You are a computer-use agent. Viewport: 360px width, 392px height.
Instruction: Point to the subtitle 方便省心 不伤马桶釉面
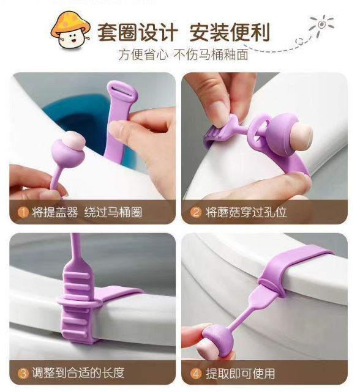coord(184,54)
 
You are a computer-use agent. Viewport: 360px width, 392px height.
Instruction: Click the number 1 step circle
coord(23,212)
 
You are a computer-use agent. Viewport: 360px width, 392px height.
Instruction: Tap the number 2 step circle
coord(196,212)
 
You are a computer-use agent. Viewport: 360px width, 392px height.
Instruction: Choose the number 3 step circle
coord(23,372)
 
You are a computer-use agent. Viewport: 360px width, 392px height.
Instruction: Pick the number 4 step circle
coord(196,372)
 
